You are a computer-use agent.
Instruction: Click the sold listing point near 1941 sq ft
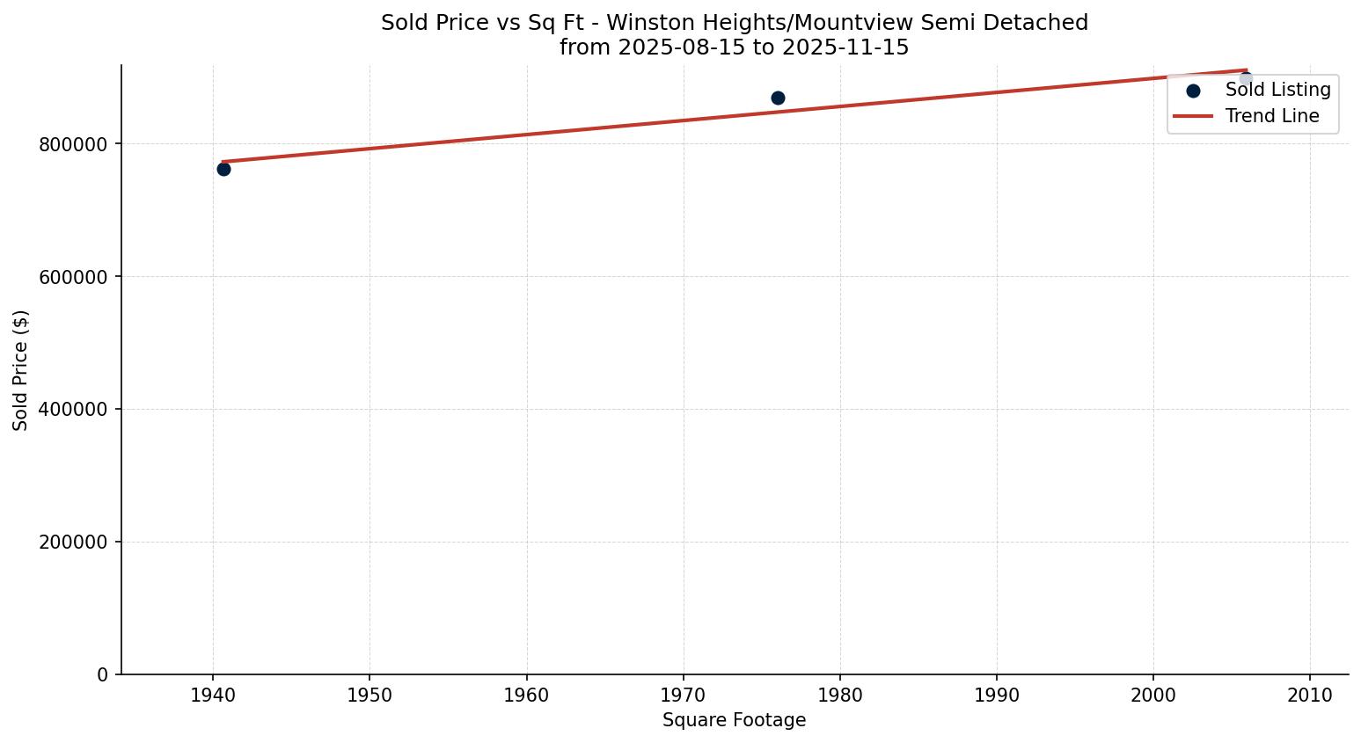(x=223, y=169)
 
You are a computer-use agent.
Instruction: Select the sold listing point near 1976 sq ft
(x=778, y=98)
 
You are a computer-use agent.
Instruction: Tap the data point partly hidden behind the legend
(x=1245, y=79)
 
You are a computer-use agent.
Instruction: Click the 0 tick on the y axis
(x=103, y=675)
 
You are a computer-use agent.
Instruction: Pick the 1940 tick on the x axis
(x=213, y=696)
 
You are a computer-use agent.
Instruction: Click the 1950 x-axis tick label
(x=370, y=696)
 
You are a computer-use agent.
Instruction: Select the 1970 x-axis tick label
(x=684, y=696)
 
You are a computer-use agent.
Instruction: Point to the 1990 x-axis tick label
(x=997, y=696)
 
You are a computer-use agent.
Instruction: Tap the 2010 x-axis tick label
(x=1310, y=696)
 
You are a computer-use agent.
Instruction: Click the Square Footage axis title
(x=734, y=721)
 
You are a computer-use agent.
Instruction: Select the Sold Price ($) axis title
(x=21, y=370)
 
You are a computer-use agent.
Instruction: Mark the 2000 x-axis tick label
(x=1153, y=696)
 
